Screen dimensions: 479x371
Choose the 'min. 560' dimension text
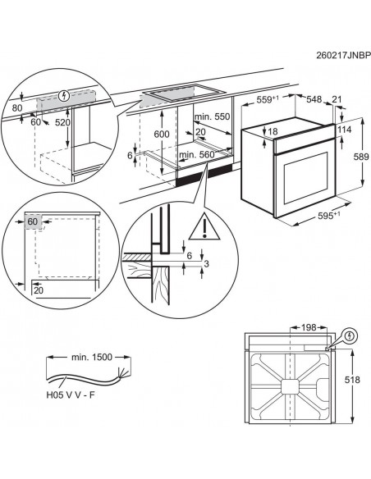click(x=195, y=154)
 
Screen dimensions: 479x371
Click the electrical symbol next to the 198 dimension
click(x=351, y=335)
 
